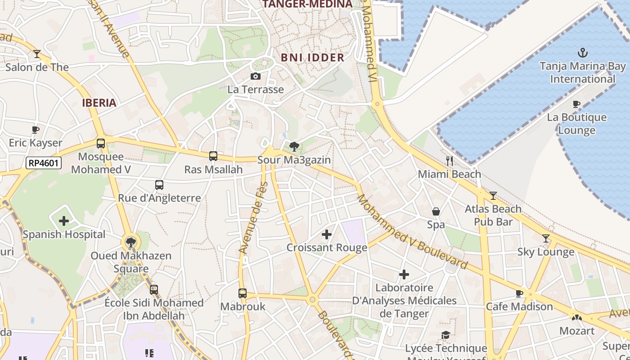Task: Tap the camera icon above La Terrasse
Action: click(255, 76)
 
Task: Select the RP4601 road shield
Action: click(44, 163)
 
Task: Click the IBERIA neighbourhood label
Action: click(99, 103)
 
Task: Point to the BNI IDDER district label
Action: click(313, 58)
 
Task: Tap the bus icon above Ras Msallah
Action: click(213, 156)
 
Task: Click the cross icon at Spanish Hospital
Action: click(64, 221)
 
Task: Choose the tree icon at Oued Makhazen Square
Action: click(130, 243)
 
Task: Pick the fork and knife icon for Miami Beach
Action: click(449, 161)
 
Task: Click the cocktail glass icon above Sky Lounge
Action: click(546, 238)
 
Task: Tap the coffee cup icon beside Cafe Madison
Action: click(519, 293)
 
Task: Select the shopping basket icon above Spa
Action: click(436, 211)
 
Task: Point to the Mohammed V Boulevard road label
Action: click(412, 232)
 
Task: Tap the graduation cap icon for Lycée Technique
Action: click(445, 335)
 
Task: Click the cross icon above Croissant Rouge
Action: click(327, 234)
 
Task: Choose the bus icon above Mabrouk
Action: click(243, 293)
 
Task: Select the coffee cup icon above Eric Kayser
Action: click(36, 130)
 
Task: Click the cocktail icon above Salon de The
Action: click(37, 54)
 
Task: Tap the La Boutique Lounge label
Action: click(577, 124)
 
